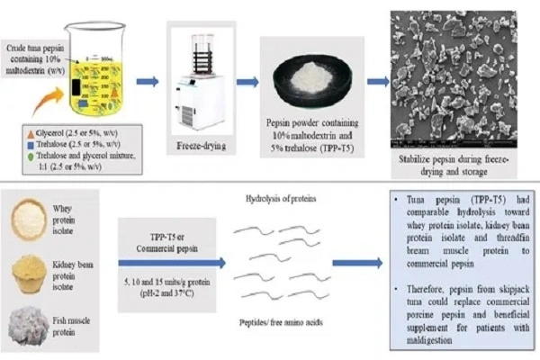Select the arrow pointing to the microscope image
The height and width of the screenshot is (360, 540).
(382, 82)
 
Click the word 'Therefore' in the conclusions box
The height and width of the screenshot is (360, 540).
(417, 278)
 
